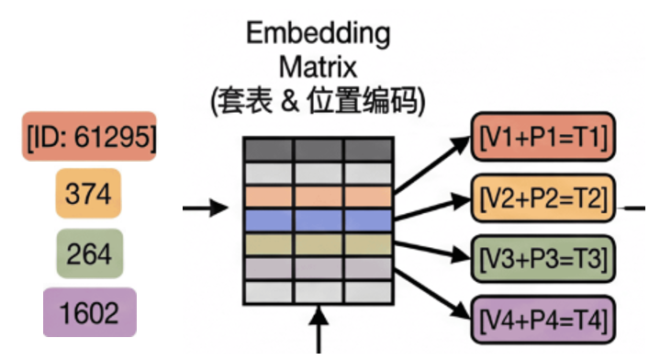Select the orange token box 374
click(x=89, y=194)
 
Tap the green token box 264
click(x=89, y=253)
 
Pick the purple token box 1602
click(x=89, y=312)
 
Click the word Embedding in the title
click(x=318, y=34)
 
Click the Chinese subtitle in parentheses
click(x=318, y=101)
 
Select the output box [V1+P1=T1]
click(x=542, y=139)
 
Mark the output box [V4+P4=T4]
click(x=542, y=321)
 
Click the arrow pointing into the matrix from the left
click(x=205, y=208)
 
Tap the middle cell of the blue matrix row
click(x=319, y=220)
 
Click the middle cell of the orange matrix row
click(x=319, y=197)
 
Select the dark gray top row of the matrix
click(x=319, y=149)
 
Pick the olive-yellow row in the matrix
click(x=319, y=244)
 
